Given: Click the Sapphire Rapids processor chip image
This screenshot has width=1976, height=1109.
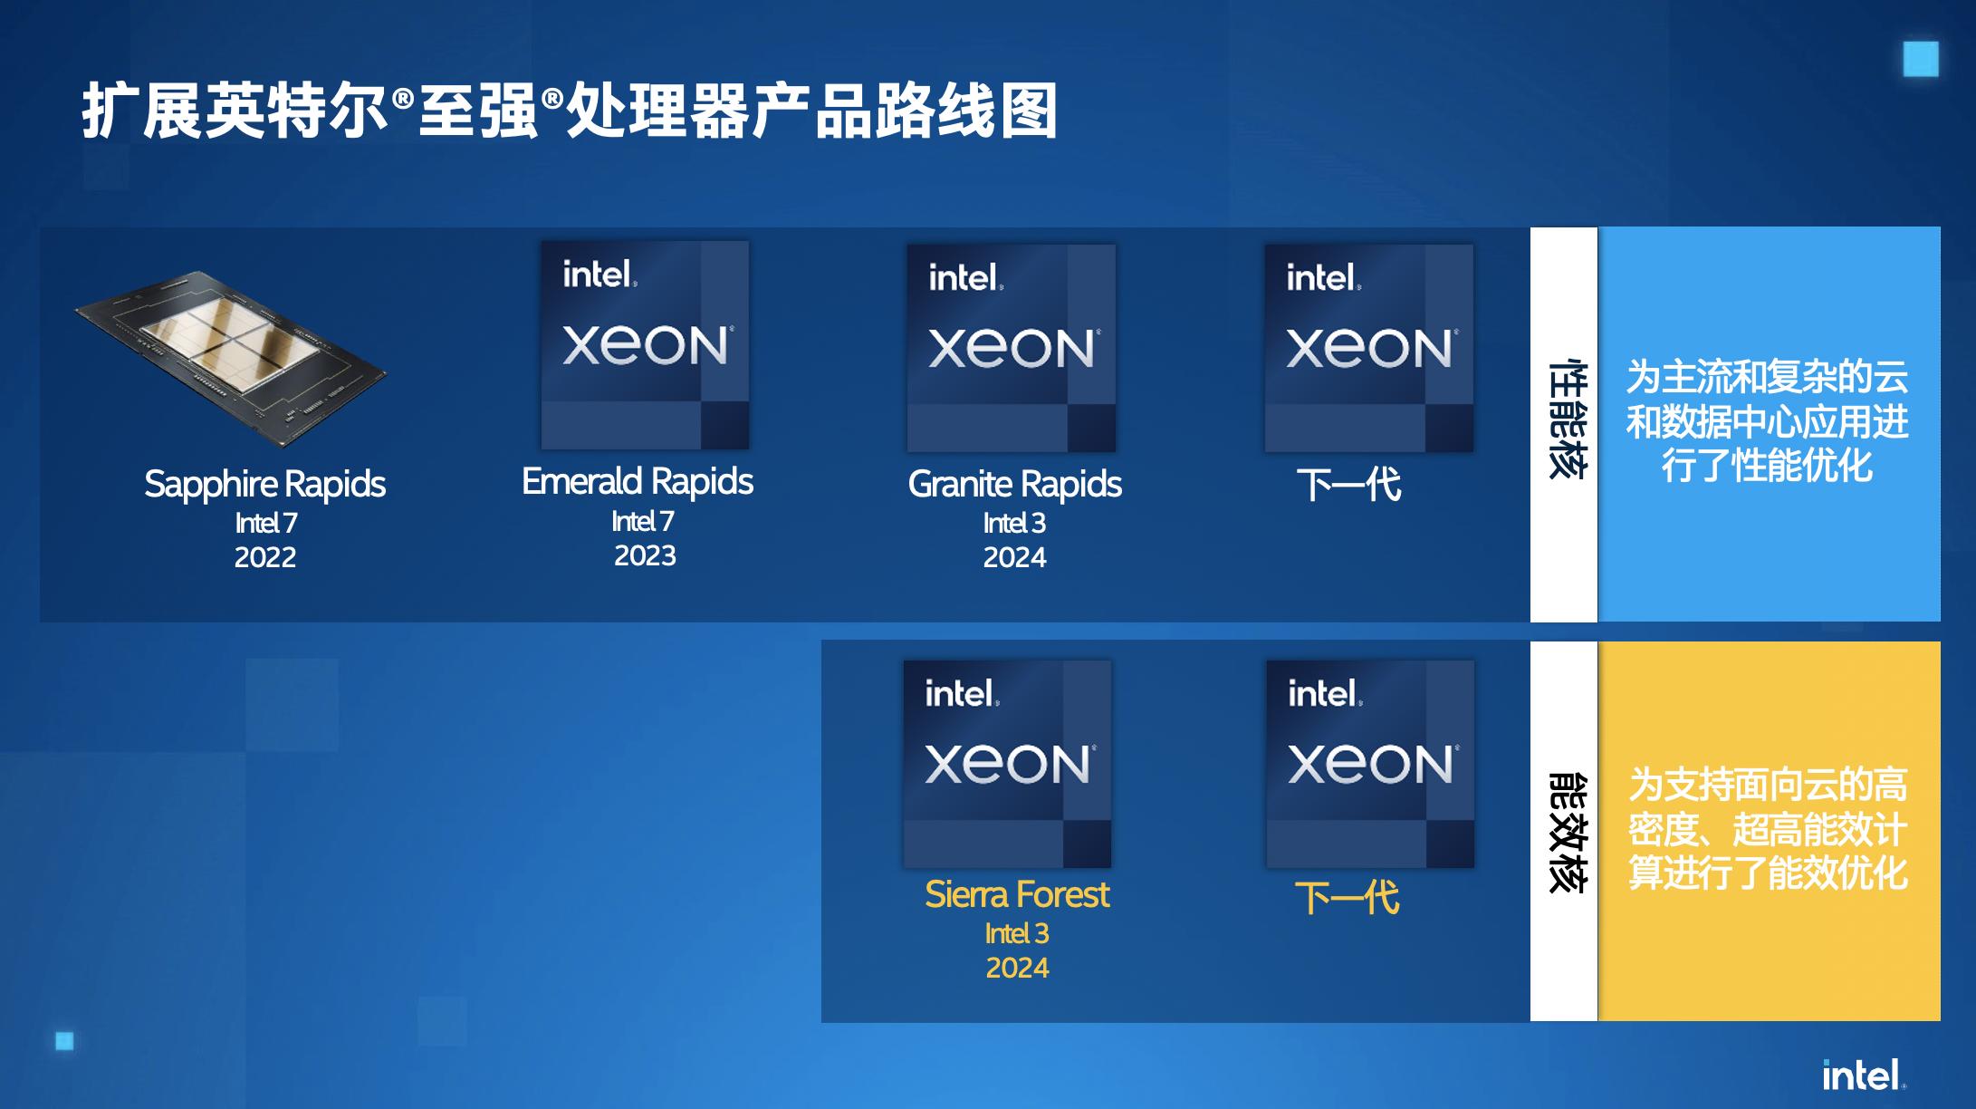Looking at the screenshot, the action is point(230,359).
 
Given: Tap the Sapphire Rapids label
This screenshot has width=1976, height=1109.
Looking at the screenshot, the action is point(264,484).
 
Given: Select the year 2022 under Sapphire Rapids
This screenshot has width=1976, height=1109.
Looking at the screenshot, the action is point(265,557).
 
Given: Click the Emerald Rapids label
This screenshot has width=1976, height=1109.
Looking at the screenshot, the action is point(638,481).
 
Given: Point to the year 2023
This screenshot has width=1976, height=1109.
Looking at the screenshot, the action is point(645,555).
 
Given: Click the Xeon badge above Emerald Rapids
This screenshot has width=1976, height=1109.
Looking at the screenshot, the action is point(645,344).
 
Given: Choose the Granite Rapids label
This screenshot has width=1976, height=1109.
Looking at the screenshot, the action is point(1014,484).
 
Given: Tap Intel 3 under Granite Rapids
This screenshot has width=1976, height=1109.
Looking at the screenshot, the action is point(1014,523).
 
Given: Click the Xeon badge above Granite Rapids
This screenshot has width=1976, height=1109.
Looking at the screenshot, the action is point(1012,348).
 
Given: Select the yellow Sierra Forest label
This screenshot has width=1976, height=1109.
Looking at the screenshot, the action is point(1017,894).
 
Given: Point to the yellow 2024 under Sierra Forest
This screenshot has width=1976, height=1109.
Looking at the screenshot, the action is point(1017,968).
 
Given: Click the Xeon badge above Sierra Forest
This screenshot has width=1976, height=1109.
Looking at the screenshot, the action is point(1008,764).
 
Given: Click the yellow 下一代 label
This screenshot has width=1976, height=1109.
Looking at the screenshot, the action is point(1348,898).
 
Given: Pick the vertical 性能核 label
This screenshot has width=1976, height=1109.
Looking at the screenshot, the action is point(1565,419).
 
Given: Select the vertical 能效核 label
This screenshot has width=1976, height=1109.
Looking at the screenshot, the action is point(1565,832).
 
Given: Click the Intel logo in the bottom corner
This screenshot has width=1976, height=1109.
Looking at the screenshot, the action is point(1864,1075).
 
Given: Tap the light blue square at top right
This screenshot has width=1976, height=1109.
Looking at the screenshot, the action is point(1921,59).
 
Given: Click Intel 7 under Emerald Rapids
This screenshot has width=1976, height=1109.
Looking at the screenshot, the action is point(642,521).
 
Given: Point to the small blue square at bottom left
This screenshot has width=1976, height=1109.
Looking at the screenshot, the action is point(64,1041).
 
